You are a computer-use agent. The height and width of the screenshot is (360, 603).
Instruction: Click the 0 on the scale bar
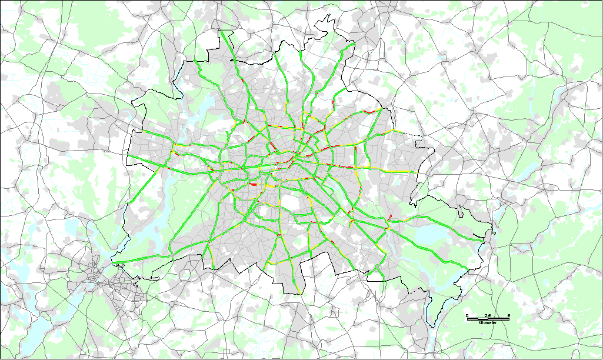(x=467, y=316)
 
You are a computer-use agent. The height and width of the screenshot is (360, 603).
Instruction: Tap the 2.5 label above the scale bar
(x=488, y=316)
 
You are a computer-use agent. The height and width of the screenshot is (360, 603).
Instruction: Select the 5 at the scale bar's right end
(x=508, y=316)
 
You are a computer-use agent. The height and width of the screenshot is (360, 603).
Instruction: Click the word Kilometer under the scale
(x=488, y=323)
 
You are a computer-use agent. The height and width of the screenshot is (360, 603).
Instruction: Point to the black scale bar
(x=488, y=319)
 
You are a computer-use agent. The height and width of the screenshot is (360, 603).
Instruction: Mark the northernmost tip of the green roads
(x=222, y=32)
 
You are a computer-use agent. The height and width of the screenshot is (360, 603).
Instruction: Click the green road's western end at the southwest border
(x=113, y=262)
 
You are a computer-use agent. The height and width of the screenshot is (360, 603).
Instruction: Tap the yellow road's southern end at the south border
(x=301, y=293)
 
